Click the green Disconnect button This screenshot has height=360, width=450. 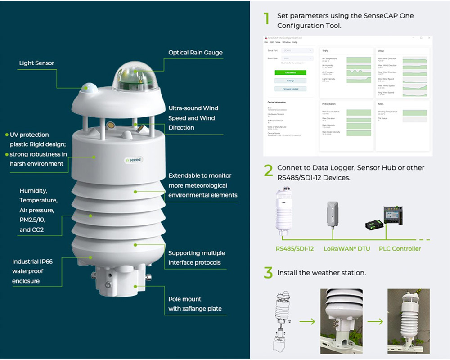tap(290, 72)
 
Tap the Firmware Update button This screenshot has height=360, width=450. tap(290, 89)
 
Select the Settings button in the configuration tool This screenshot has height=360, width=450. tap(290, 81)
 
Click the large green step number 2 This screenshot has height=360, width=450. tap(268, 171)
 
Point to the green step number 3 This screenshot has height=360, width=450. tap(268, 273)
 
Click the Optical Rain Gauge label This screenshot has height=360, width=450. tap(195, 53)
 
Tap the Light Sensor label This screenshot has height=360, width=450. tap(36, 63)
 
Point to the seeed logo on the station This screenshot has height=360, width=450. tap(134, 159)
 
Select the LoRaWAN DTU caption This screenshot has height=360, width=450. tap(346, 248)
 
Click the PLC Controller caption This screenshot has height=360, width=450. tap(400, 248)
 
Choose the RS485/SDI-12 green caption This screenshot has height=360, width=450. tap(295, 248)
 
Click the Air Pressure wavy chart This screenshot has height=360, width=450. tap(359, 72)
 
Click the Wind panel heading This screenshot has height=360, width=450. tap(381, 51)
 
